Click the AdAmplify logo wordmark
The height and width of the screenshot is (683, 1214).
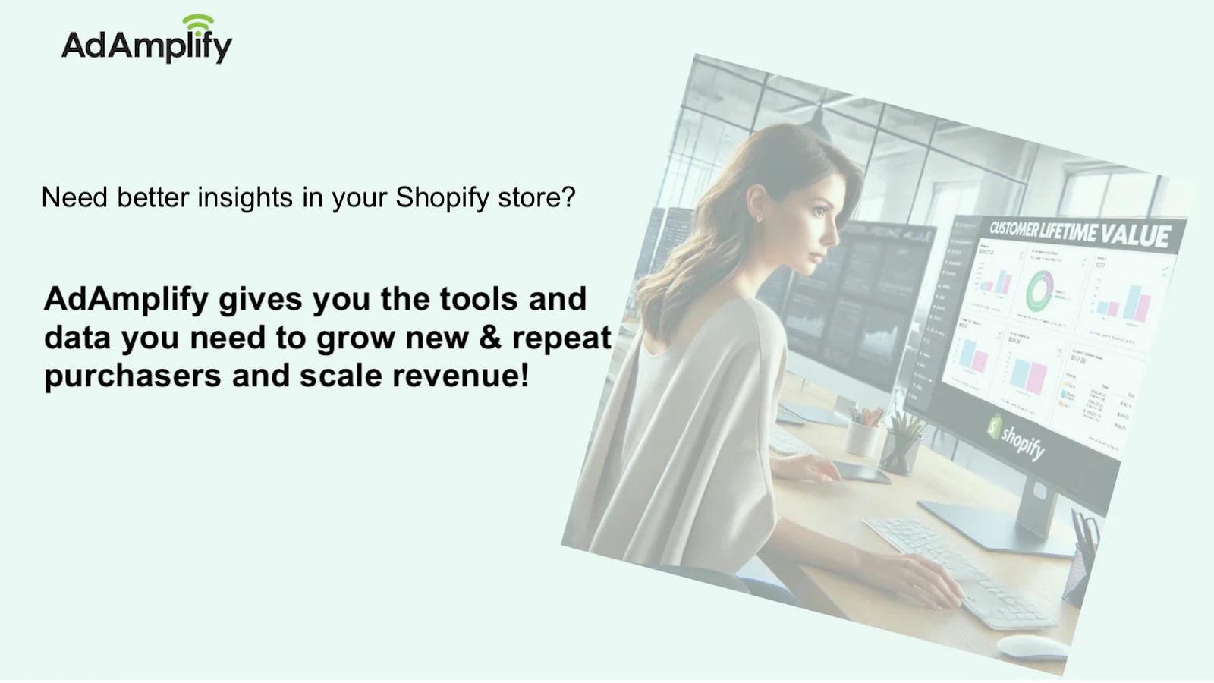tap(146, 46)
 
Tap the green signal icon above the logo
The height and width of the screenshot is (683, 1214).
tap(198, 23)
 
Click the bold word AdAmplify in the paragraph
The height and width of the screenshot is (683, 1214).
tap(126, 299)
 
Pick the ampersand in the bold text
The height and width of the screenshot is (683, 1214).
tap(491, 338)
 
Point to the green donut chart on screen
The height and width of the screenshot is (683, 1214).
tap(1040, 290)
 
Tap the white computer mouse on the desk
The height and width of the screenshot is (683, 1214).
tap(1033, 647)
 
